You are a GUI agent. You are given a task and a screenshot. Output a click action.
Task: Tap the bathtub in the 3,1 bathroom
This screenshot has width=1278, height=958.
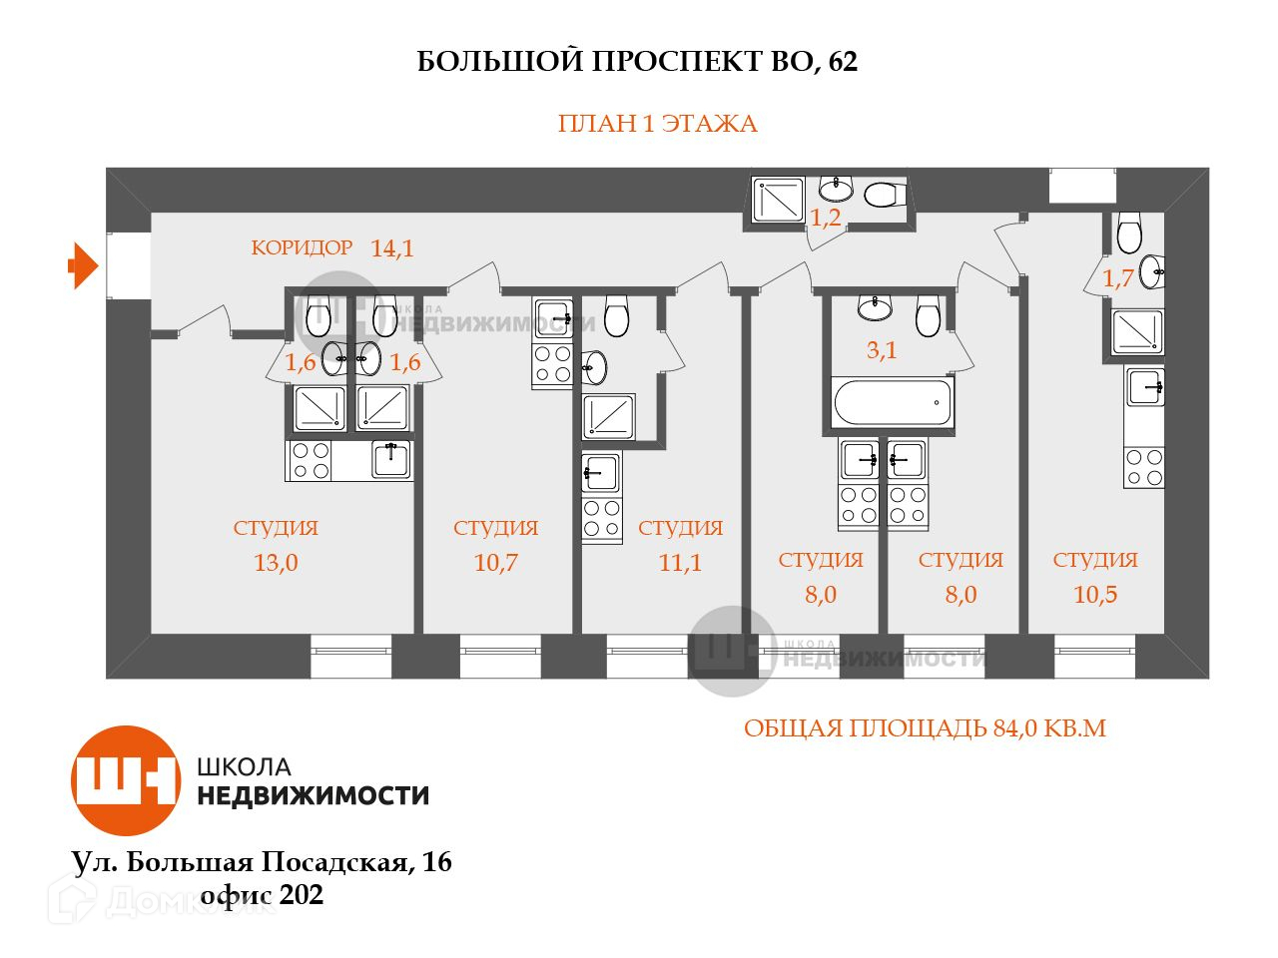click(893, 401)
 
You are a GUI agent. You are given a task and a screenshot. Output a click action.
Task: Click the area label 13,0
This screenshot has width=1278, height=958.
click(276, 563)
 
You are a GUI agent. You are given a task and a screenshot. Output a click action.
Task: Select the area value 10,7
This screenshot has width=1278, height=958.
click(495, 563)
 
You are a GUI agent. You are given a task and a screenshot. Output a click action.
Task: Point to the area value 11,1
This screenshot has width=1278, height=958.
click(680, 563)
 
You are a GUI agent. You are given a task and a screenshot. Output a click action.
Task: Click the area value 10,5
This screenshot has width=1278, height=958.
click(1095, 595)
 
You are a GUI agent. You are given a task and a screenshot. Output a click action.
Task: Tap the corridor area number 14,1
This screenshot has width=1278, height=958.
click(391, 248)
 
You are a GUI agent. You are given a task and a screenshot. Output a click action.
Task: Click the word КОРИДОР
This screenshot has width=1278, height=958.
click(302, 247)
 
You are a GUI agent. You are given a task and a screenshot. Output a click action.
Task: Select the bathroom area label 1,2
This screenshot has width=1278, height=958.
click(825, 219)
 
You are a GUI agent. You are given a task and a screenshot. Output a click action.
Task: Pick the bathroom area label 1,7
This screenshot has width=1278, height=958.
click(1118, 278)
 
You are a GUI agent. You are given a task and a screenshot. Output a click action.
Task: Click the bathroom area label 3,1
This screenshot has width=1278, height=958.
click(881, 350)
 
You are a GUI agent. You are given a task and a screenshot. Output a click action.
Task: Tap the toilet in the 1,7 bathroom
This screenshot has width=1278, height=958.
click(1129, 233)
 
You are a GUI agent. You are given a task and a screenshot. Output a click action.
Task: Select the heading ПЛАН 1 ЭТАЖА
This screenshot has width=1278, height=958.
click(657, 124)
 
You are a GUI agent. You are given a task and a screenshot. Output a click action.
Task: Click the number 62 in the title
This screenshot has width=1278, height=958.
click(843, 62)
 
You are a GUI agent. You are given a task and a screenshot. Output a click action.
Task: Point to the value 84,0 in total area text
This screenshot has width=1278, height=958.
click(1017, 728)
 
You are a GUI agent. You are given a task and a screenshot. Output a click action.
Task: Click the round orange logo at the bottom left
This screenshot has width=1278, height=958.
click(125, 780)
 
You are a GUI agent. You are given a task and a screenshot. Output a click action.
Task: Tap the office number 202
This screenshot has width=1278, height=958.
click(302, 895)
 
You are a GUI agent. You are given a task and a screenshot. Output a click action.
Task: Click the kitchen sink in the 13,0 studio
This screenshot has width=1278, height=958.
click(390, 459)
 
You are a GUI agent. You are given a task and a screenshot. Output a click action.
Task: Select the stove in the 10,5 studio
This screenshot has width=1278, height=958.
click(1144, 467)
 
